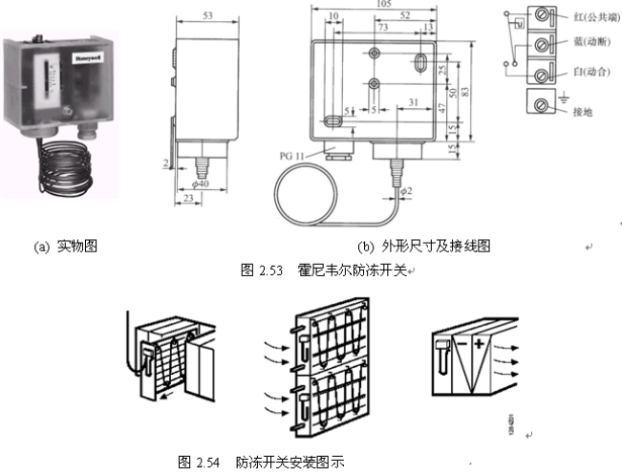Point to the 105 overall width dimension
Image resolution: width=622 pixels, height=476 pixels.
click(382, 5)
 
